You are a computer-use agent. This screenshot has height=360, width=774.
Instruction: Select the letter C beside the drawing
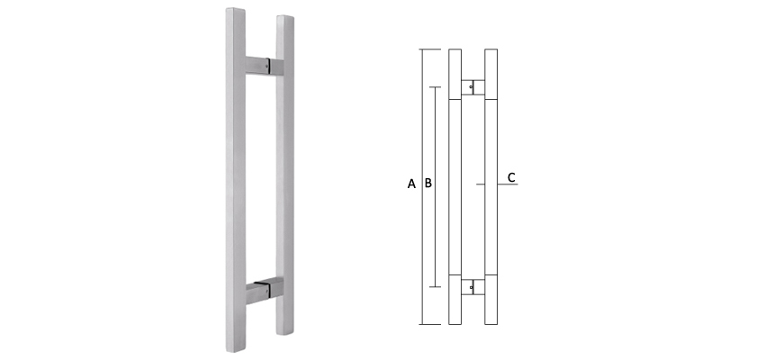[x=511, y=177]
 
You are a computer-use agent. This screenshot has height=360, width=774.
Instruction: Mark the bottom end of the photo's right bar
[x=286, y=345]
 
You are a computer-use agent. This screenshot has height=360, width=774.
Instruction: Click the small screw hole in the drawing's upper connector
[x=472, y=86]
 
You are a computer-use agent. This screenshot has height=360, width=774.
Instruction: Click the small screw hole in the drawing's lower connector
[x=472, y=286]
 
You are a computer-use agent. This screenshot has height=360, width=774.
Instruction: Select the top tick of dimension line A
[x=427, y=48]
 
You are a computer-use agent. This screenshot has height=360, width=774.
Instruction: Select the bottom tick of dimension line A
[x=427, y=324]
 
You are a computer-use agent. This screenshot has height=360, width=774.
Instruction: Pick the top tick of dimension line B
[x=436, y=87]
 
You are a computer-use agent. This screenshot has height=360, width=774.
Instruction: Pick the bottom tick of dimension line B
[x=436, y=288]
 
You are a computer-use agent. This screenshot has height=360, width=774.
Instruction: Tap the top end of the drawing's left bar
[x=454, y=49]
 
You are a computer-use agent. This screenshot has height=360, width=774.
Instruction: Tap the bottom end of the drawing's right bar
[x=490, y=322]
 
